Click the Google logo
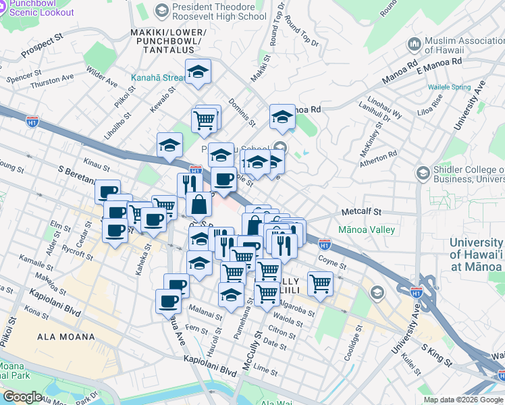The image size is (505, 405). [22, 397]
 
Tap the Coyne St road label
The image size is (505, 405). [332, 261]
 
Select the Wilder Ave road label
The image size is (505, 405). [102, 75]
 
